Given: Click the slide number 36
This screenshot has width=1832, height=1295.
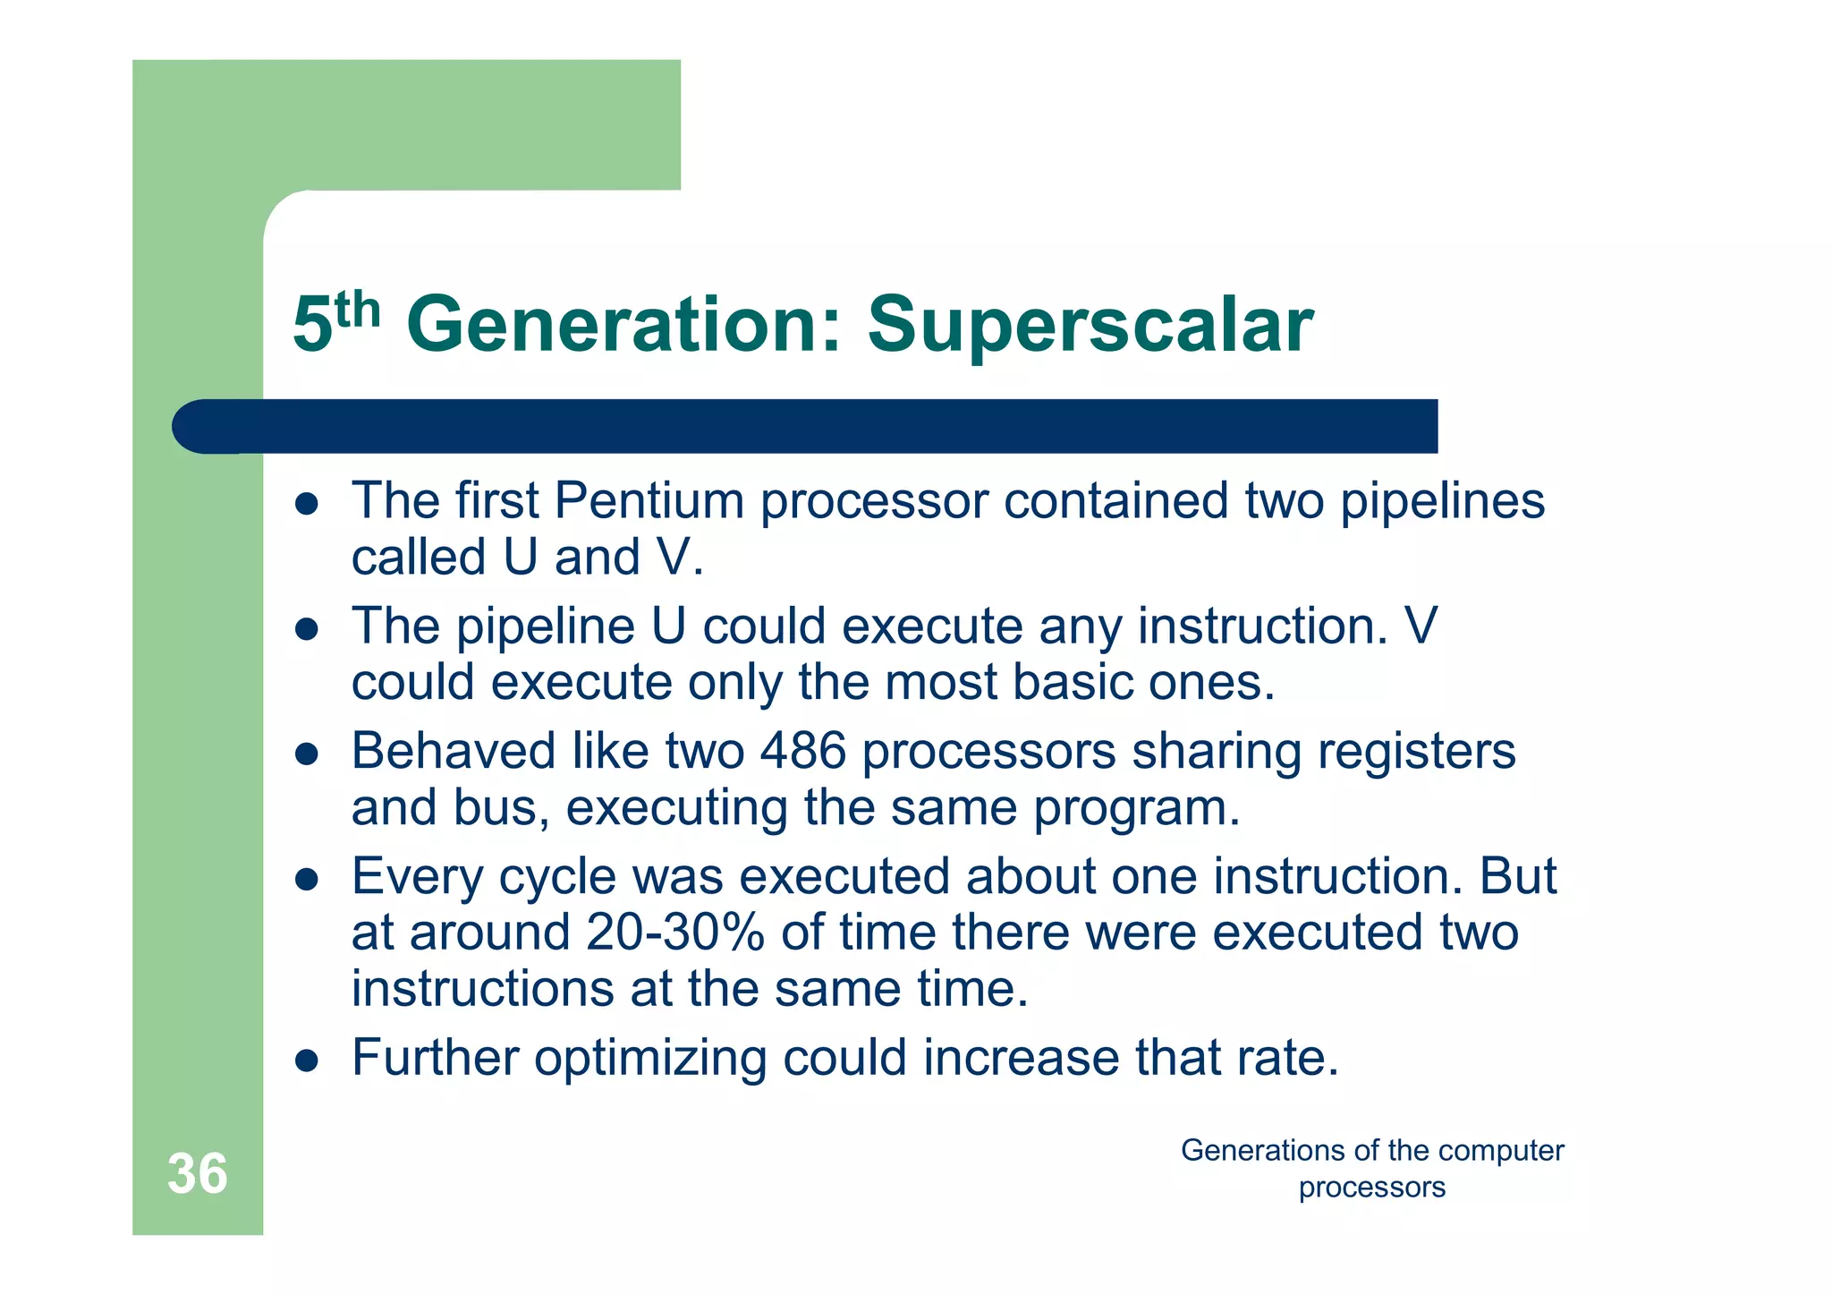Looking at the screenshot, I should click(x=198, y=1173).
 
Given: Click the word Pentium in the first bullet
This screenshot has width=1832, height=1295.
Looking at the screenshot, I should click(x=649, y=500).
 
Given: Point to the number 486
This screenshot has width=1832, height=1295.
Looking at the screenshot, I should click(x=802, y=751).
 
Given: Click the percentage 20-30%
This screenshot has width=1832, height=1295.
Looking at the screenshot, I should click(x=676, y=933).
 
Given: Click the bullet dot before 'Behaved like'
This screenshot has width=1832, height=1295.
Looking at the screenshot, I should click(x=307, y=754).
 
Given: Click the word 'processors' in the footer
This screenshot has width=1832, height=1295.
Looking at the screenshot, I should click(x=1371, y=1189).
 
